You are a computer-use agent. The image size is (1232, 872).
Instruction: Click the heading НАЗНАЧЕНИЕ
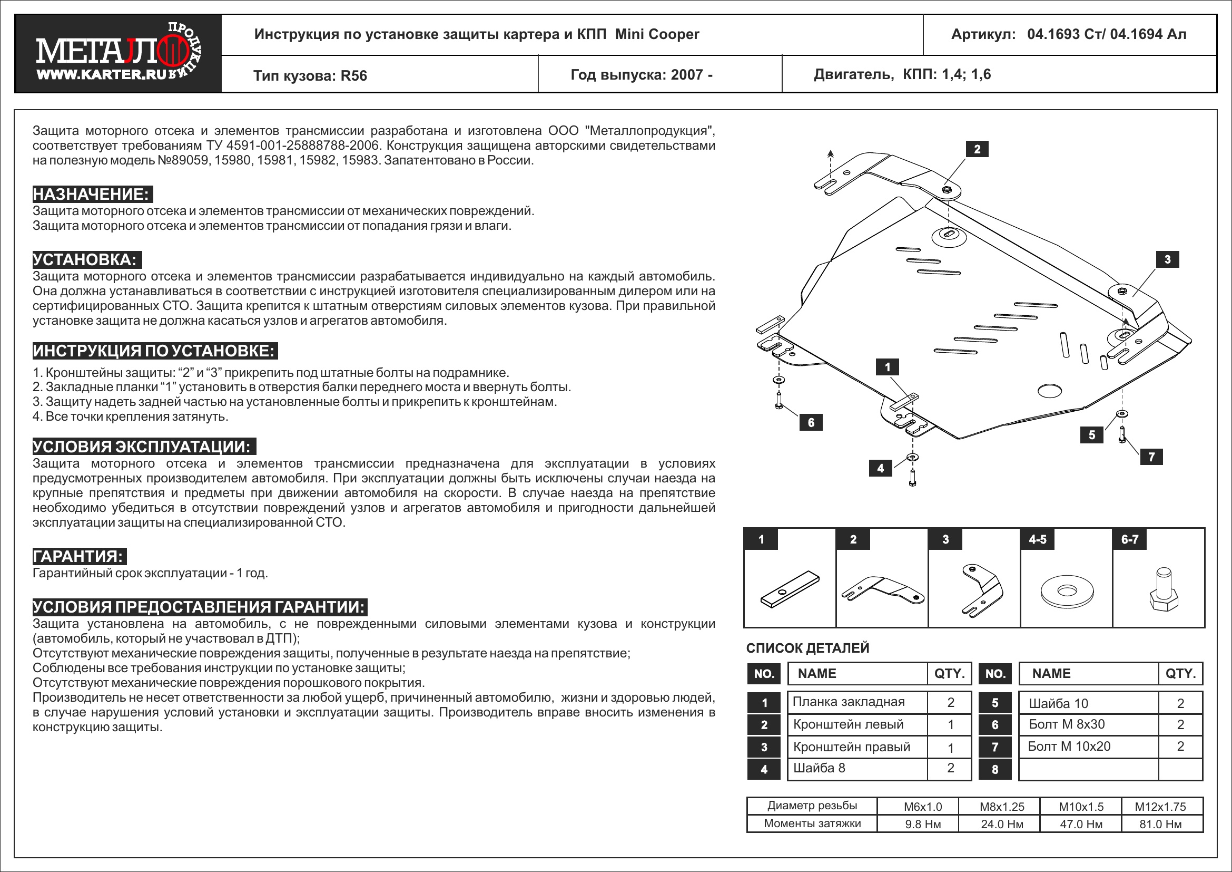[x=92, y=195]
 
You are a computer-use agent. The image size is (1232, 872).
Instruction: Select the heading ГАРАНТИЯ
[x=79, y=556]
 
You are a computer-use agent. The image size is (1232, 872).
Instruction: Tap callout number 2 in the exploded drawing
[x=977, y=149]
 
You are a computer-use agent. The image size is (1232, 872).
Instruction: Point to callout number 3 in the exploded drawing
[x=1167, y=260]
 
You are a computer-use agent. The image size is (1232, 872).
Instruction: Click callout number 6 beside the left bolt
[x=811, y=423]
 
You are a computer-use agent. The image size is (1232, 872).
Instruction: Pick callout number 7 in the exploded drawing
[x=1151, y=457]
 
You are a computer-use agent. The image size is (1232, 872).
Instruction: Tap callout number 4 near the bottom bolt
[x=880, y=468]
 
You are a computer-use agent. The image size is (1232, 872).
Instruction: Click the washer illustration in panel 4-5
[x=1066, y=591]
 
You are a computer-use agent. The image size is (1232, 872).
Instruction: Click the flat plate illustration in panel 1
[x=790, y=589]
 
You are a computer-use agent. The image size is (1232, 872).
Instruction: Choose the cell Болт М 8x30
[x=1067, y=724]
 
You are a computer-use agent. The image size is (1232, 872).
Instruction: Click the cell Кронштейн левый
[x=849, y=724]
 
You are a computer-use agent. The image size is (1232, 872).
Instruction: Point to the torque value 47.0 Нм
[x=1081, y=824]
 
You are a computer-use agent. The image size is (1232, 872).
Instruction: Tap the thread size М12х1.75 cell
[x=1160, y=807]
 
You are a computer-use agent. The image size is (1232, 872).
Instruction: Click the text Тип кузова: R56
[x=310, y=76]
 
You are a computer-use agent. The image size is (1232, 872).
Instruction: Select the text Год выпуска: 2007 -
[x=641, y=75]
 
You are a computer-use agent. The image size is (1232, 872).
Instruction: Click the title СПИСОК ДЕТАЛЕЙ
[x=807, y=648]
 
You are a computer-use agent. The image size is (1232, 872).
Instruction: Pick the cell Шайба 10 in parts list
[x=1058, y=703]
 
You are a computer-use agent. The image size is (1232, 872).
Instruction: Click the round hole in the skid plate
[x=1050, y=391]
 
